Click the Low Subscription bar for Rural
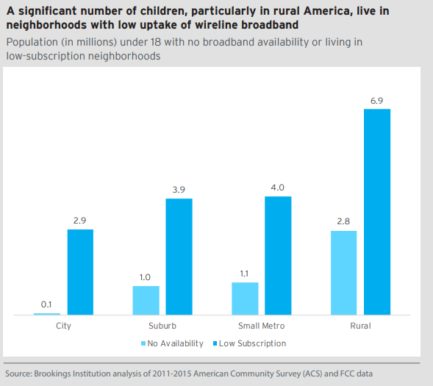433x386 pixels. [x=376, y=212]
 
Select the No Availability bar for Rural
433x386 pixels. [x=343, y=273]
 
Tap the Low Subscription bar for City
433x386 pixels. [x=80, y=272]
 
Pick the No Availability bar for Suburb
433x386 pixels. [x=146, y=301]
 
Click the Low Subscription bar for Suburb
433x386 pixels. [x=179, y=257]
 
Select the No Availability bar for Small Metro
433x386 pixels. [x=244, y=299]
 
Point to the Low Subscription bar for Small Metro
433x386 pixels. [x=278, y=255]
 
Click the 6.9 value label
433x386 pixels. [x=376, y=101]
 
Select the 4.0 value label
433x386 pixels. [x=278, y=188]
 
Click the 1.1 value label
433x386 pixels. [x=244, y=274]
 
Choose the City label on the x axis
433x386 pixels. [x=63, y=325]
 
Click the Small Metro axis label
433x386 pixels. [x=261, y=325]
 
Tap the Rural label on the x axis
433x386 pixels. [x=360, y=325]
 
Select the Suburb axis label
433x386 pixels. [x=162, y=325]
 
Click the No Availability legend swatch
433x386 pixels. [x=143, y=343]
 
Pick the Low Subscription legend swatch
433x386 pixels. [x=214, y=343]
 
